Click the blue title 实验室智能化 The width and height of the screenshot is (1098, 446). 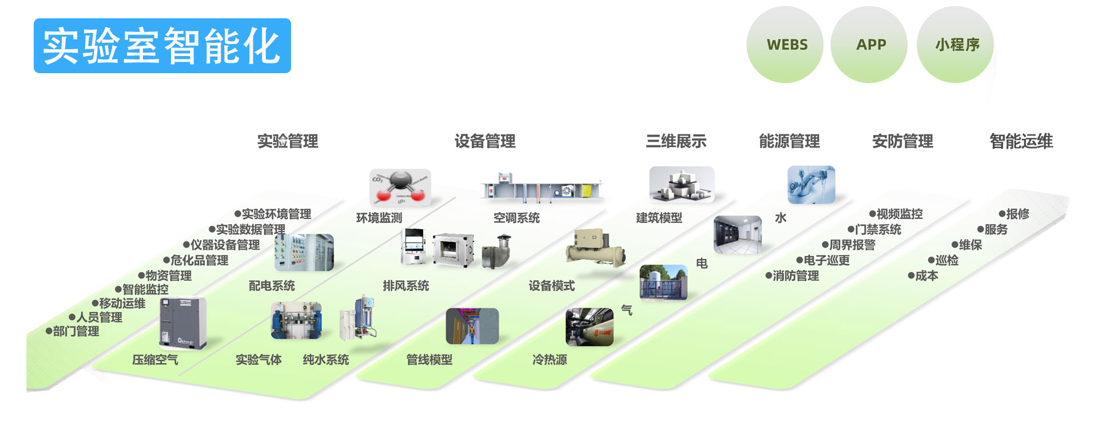click(x=162, y=46)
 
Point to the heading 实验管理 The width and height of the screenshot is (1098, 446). click(x=287, y=141)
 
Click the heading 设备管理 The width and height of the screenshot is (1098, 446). click(x=485, y=141)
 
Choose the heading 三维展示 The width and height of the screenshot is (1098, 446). click(x=676, y=141)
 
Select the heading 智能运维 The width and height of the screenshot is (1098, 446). click(x=1021, y=141)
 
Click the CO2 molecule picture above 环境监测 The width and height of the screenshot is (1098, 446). click(x=400, y=188)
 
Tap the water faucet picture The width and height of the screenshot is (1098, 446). click(x=811, y=185)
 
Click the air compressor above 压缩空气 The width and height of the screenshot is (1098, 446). click(x=182, y=322)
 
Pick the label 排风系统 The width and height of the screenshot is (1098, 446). click(x=406, y=286)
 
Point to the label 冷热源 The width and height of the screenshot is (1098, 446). click(x=550, y=360)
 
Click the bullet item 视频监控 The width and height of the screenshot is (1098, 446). click(x=899, y=214)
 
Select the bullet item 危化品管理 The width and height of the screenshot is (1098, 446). click(x=199, y=260)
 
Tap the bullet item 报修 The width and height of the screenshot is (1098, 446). click(x=1017, y=214)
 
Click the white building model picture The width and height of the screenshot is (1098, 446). click(x=681, y=185)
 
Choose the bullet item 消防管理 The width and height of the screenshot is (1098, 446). click(x=795, y=276)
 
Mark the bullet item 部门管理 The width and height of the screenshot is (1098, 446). click(x=75, y=331)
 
